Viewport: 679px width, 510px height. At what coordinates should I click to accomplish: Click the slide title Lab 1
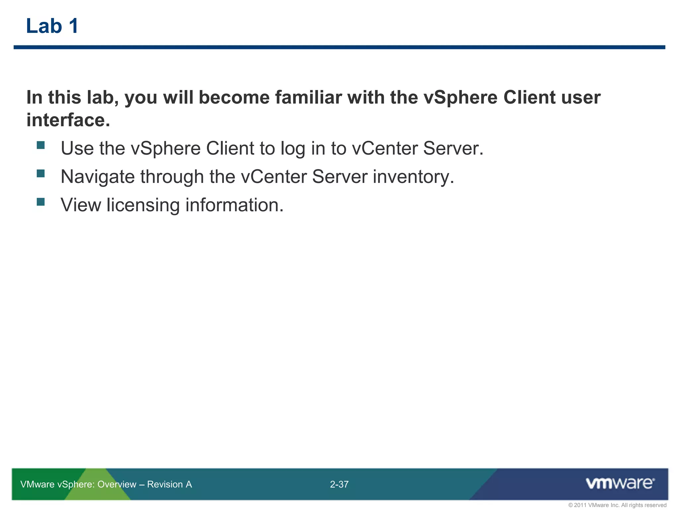pyautogui.click(x=52, y=26)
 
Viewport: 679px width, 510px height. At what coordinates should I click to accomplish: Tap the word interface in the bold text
pyautogui.click(x=68, y=120)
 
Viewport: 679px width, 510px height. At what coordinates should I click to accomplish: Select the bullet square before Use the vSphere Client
pyautogui.click(x=41, y=145)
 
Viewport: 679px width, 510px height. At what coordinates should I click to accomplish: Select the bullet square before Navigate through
pyautogui.click(x=41, y=173)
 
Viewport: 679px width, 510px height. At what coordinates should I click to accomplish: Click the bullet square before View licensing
pyautogui.click(x=41, y=202)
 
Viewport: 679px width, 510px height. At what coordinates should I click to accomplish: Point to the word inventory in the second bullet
pyautogui.click(x=413, y=177)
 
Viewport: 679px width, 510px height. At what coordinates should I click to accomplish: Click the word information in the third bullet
pyautogui.click(x=234, y=205)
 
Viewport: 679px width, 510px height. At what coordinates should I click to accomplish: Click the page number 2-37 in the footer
pyautogui.click(x=339, y=484)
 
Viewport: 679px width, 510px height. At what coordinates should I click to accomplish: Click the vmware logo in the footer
pyautogui.click(x=620, y=483)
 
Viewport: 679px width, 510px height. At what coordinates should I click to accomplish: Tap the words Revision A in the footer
pyautogui.click(x=169, y=484)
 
